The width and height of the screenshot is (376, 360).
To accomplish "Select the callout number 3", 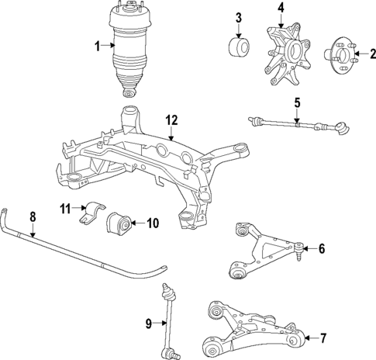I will point(239,18).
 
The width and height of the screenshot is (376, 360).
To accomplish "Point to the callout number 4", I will point(281,9).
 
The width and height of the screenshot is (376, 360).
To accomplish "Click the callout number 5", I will point(296,102).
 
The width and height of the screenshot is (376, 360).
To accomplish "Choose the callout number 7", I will point(323,337).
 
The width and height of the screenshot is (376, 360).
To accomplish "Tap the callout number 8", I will point(33,218).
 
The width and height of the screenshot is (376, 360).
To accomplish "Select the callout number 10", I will point(152,223).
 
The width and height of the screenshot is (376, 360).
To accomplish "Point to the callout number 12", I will point(171,119).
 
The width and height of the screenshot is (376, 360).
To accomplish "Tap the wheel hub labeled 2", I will point(338,55).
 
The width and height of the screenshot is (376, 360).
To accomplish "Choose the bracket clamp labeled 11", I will point(91,213).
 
